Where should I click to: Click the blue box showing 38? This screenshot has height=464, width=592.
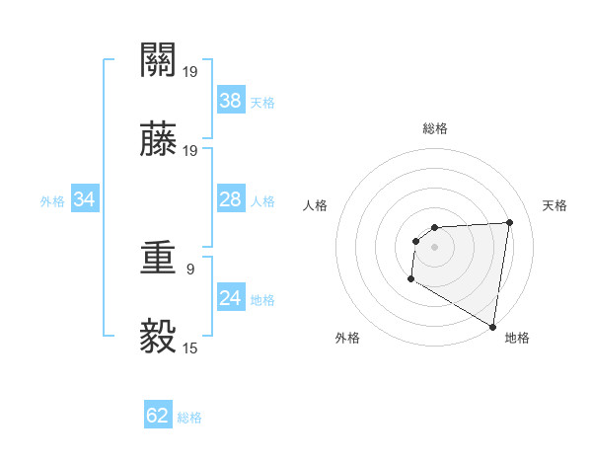231,101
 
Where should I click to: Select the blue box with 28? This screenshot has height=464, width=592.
231,200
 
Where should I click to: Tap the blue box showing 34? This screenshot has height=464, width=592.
85,200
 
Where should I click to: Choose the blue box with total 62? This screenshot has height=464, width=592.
158,416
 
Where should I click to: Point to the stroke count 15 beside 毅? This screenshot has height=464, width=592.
190,348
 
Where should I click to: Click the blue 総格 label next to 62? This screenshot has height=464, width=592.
190,418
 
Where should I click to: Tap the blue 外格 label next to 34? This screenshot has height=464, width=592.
52,201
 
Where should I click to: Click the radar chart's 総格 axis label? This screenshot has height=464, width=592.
435,128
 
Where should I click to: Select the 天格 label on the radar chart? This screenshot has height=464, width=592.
555,205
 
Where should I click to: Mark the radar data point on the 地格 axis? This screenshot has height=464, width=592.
492,327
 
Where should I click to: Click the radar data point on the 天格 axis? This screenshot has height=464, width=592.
509,222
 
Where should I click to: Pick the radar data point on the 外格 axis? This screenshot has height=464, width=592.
410,279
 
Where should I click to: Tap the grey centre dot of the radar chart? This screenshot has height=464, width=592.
434,247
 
